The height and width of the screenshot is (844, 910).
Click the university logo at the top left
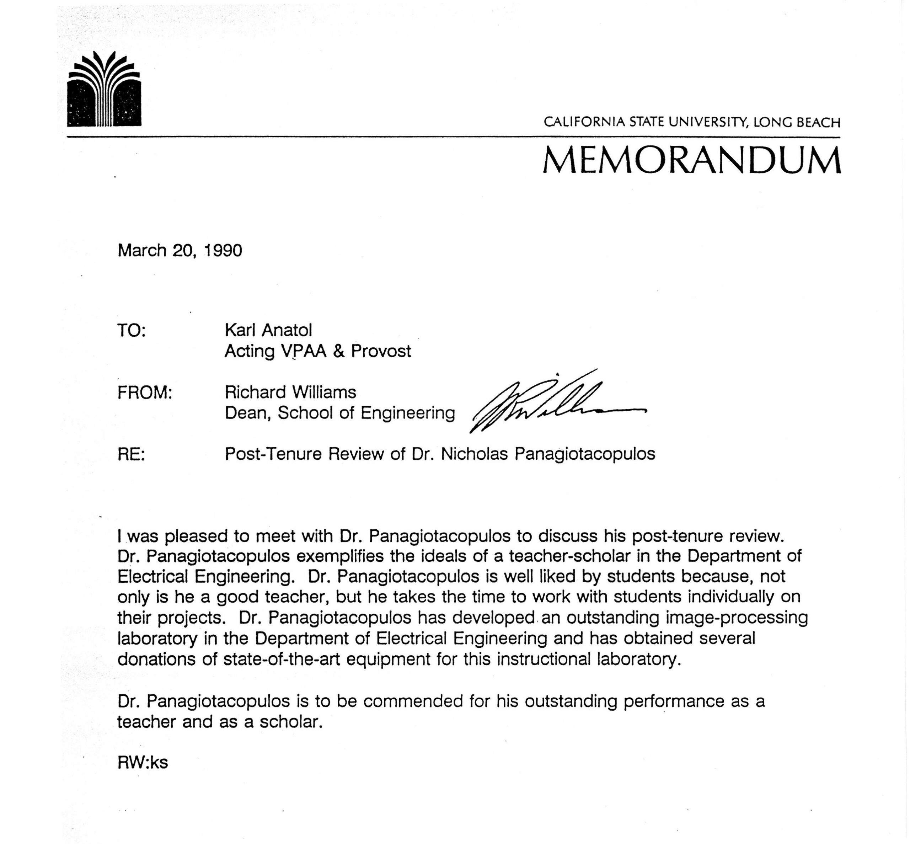point(104,90)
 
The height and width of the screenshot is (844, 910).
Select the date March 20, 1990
point(180,250)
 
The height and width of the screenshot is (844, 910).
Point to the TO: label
point(132,330)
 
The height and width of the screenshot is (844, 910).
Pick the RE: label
point(131,454)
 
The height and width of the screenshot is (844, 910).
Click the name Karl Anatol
point(268,330)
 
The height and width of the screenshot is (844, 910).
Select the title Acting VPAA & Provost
point(318,351)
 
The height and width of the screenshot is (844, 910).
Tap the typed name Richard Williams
point(290,392)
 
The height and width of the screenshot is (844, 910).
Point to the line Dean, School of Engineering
point(340,413)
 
